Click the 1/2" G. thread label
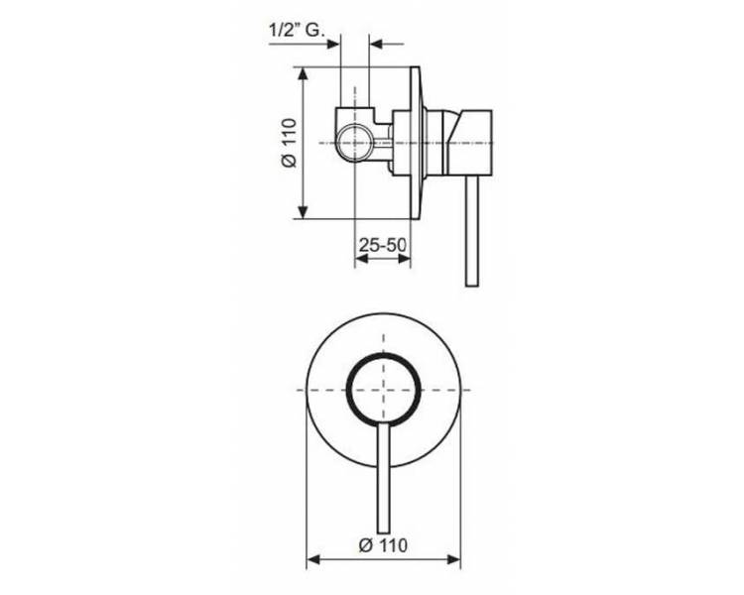point(296,31)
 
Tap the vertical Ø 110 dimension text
point(289,143)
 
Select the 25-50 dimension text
point(383,245)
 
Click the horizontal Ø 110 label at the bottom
point(383,545)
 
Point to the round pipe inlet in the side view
point(355,143)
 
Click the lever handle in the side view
point(472,231)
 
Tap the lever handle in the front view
point(383,478)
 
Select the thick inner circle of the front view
point(383,353)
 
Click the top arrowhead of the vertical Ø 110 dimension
point(303,74)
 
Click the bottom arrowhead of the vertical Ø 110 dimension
point(303,212)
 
